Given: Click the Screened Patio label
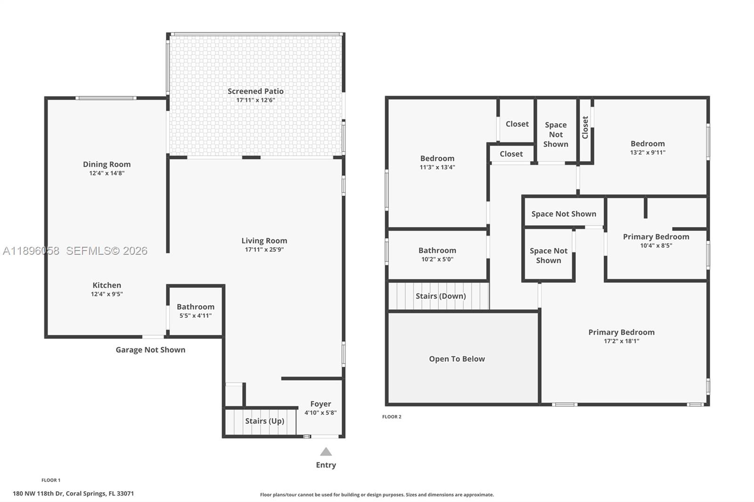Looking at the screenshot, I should [255, 91].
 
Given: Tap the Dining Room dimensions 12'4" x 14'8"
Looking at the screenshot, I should [107, 173].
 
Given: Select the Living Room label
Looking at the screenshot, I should [264, 241].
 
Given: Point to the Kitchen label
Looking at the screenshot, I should [107, 285].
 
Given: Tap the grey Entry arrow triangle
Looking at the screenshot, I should [326, 452].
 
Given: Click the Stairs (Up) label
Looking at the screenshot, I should [264, 421].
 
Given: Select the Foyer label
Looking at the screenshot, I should [320, 404].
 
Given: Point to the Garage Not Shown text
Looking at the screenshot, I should [150, 350].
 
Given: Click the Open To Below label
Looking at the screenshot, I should [457, 359].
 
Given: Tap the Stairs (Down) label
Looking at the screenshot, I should [441, 296].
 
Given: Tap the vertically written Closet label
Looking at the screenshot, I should [585, 127].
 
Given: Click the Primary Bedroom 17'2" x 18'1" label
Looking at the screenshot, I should [621, 332].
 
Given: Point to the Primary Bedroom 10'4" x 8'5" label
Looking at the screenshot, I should [656, 237].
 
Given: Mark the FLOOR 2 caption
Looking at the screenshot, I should [392, 417].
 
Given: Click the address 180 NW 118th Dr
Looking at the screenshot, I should [73, 494].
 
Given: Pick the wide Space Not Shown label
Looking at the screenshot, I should [564, 214].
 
